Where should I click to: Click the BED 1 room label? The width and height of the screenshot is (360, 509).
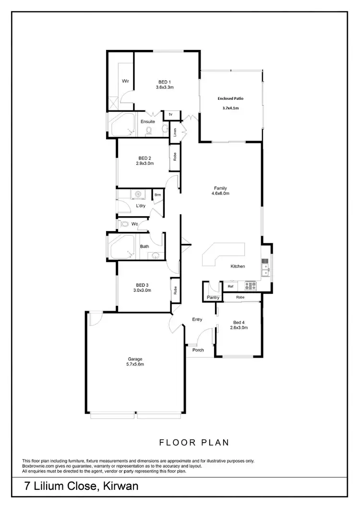[165, 82]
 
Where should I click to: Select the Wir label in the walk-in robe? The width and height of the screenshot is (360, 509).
[126, 81]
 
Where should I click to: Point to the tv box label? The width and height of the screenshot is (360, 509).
[170, 114]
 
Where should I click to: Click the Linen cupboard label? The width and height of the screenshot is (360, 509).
[175, 133]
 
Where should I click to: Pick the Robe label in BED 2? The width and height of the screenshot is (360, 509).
[175, 156]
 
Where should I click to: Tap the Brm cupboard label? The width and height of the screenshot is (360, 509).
[157, 194]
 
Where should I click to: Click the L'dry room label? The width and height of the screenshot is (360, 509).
[140, 206]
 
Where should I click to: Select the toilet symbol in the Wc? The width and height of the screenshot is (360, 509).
[125, 224]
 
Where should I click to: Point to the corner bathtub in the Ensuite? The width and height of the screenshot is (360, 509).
[122, 126]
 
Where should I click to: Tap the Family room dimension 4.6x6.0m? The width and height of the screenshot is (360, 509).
[220, 194]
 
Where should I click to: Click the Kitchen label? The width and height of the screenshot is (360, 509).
[238, 266]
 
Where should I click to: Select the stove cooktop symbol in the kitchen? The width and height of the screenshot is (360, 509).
[251, 286]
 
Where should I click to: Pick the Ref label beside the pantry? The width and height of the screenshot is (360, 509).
[230, 286]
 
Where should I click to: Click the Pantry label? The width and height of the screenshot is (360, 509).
[213, 298]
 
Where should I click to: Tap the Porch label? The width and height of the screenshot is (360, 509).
[198, 350]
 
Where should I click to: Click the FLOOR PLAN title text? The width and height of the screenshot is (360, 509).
[194, 442]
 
